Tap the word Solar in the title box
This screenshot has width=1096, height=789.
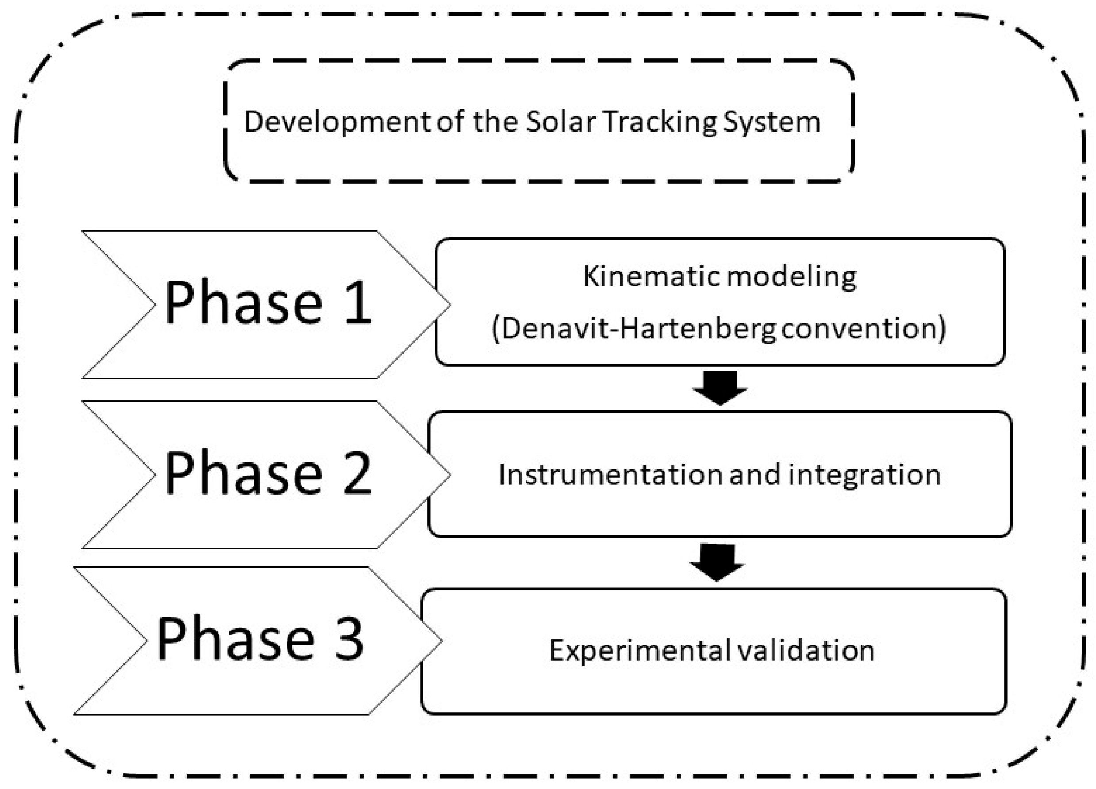pos(560,122)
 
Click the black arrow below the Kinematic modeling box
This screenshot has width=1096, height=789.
pos(720,388)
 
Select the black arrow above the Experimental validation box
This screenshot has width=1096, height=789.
pos(717,562)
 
